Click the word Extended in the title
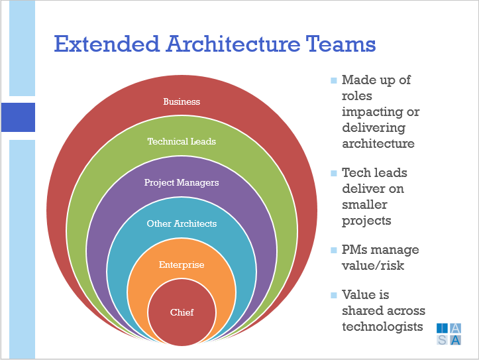click(107, 44)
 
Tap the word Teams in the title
click(341, 44)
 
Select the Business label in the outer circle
click(182, 101)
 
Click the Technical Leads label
click(182, 141)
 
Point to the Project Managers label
click(182, 182)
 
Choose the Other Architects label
click(182, 223)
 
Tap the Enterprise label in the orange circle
click(182, 265)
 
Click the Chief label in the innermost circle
click(182, 312)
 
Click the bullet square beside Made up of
click(334, 80)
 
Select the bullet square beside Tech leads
click(334, 173)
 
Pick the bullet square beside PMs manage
click(334, 251)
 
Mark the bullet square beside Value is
click(334, 295)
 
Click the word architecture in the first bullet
click(378, 143)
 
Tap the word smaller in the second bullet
click(364, 204)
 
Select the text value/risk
click(373, 265)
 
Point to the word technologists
click(382, 327)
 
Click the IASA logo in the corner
click(449, 334)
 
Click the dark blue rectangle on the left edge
click(18, 117)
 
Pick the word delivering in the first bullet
click(374, 128)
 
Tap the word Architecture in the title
click(233, 44)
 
